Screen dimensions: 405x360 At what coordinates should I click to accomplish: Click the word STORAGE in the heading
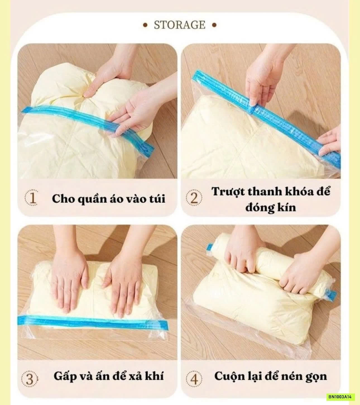179,25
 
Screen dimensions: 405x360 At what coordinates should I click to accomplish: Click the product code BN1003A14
341,397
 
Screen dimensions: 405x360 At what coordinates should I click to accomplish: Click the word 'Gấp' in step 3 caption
65,376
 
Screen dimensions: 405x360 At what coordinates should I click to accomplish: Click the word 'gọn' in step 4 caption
316,376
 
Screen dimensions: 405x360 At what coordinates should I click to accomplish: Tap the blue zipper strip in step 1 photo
84,117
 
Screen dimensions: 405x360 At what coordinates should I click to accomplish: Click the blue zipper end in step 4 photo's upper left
210,247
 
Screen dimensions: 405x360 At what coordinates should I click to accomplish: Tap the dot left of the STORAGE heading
145,25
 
